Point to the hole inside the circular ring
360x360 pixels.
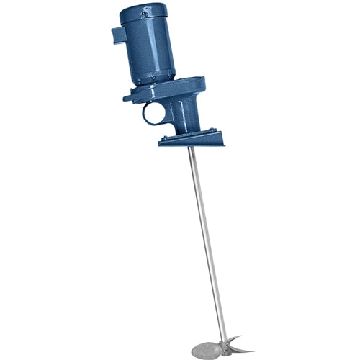pos(153,113)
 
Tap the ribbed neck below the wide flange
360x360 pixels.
pos(189,115)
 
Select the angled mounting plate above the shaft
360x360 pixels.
pos(191,138)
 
